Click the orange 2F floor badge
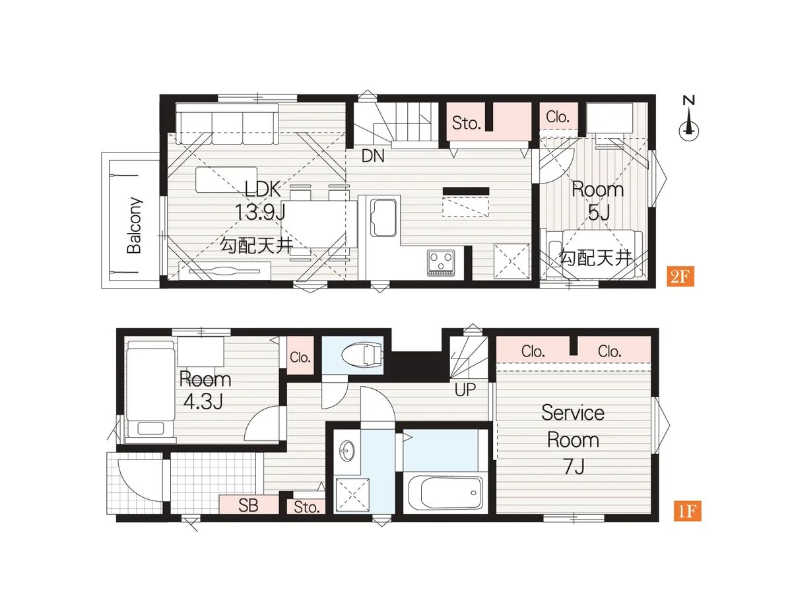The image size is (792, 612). click(680, 277)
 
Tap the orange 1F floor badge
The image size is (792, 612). click(687, 511)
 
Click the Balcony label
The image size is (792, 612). click(135, 225)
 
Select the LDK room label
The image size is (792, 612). click(263, 189)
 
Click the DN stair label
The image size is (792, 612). click(373, 156)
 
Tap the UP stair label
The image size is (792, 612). click(465, 390)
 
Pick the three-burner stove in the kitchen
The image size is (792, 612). click(441, 263)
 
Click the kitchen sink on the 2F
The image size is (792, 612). click(383, 218)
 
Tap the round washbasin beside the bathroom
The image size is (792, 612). click(346, 452)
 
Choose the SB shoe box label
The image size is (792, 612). click(248, 506)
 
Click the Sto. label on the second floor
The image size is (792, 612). click(467, 123)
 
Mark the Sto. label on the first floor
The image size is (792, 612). click(306, 507)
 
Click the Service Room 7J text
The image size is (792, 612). click(573, 440)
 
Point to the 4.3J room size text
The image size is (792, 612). click(203, 402)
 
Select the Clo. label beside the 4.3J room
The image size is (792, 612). click(300, 358)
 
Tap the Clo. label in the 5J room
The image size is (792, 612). click(558, 117)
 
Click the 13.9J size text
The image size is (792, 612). click(260, 212)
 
